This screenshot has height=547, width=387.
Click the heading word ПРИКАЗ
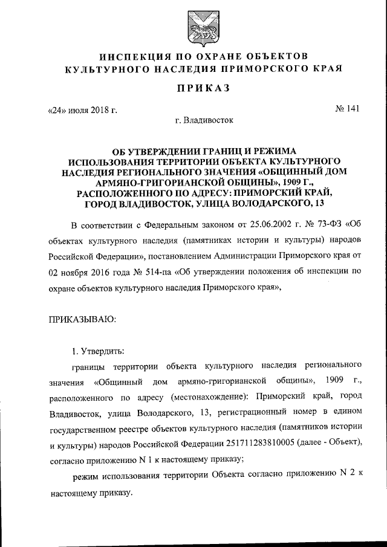pos(194,89)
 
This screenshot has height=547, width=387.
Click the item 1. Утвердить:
pos(99,351)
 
